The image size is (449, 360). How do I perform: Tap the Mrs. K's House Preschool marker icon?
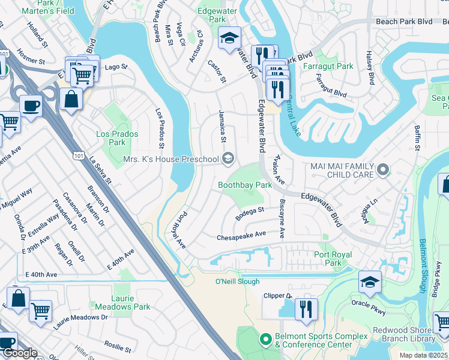(228, 159)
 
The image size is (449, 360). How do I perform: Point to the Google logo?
(20, 352)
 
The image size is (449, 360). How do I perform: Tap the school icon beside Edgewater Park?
(229, 38)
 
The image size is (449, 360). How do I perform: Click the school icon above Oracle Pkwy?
(370, 282)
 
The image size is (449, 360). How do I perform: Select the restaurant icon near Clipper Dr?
(306, 309)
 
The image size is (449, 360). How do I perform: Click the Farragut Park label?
(328, 66)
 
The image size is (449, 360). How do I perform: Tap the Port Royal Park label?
(333, 259)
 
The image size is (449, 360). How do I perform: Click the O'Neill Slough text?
(238, 281)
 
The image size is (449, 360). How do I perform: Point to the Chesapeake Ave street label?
(241, 236)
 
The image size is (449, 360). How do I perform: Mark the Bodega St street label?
(250, 213)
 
